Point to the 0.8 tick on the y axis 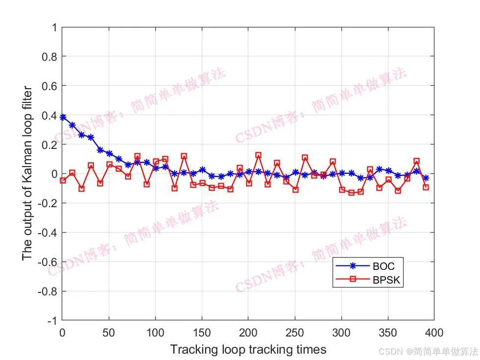click(x=49, y=56)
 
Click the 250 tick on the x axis click(x=294, y=333)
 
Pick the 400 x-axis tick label click(x=433, y=333)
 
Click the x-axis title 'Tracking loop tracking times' click(x=248, y=349)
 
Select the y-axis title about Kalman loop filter click(x=27, y=173)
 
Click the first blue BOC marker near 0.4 click(x=63, y=117)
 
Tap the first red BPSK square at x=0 click(x=63, y=180)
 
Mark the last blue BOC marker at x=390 click(x=426, y=178)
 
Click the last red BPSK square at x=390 click(x=426, y=187)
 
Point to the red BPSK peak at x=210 click(x=258, y=155)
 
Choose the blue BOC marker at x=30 click(x=91, y=137)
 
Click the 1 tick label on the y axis click(x=53, y=27)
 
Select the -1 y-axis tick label click(x=50, y=320)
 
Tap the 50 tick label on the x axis click(x=109, y=333)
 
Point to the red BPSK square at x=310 click(x=351, y=193)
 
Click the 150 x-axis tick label click(x=202, y=333)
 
